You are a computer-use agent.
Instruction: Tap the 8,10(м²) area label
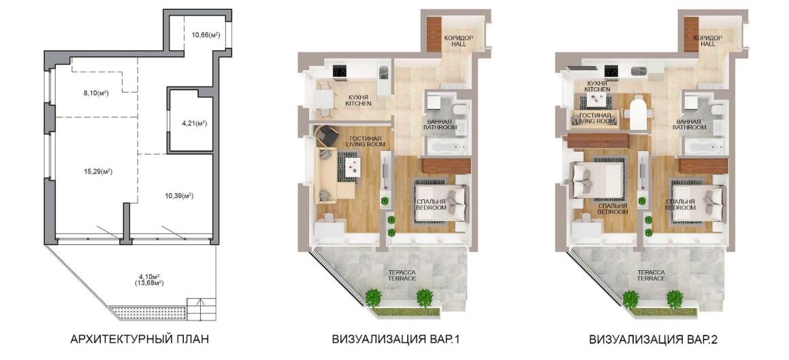click(x=95, y=93)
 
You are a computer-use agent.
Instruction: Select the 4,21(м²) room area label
click(x=194, y=122)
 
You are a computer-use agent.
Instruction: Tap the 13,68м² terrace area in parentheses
click(x=150, y=283)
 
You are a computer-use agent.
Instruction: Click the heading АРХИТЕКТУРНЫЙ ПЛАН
click(x=140, y=340)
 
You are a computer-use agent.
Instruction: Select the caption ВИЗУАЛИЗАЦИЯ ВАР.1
click(x=396, y=340)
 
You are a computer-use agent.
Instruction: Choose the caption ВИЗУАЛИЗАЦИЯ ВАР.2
click(x=653, y=340)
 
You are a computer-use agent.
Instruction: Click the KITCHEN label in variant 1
click(x=358, y=103)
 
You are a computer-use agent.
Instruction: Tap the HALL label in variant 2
click(x=707, y=44)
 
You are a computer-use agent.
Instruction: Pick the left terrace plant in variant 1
click(x=373, y=297)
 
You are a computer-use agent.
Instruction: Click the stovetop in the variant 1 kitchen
click(x=339, y=72)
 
